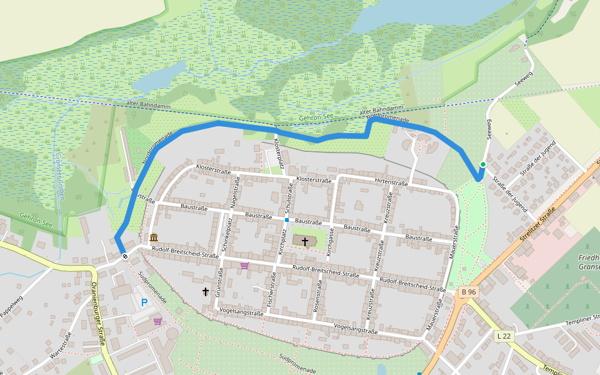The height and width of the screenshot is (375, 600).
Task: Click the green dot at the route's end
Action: click(x=482, y=164)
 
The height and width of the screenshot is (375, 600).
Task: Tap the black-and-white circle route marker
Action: click(x=125, y=255)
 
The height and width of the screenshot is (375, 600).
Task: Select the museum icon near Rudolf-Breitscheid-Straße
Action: click(x=154, y=237)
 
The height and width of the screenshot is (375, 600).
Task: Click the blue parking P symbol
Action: click(x=144, y=302)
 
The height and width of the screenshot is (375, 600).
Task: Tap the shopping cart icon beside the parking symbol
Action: click(x=157, y=321)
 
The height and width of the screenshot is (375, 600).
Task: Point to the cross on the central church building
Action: click(x=305, y=241)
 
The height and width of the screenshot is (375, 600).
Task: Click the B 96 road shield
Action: click(x=468, y=292)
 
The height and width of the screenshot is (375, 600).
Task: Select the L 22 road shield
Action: click(x=503, y=336)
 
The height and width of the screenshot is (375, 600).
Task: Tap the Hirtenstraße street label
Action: click(x=391, y=182)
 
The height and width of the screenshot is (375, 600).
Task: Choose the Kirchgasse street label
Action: click(x=330, y=241)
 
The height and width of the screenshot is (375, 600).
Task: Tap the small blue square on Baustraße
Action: click(x=286, y=220)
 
